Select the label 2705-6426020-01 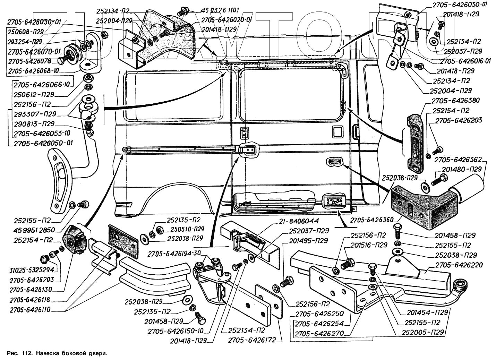point(226,20)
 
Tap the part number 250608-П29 point(25,32)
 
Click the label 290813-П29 point(34,124)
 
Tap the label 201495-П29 point(307,241)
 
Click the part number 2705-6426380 point(455,101)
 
